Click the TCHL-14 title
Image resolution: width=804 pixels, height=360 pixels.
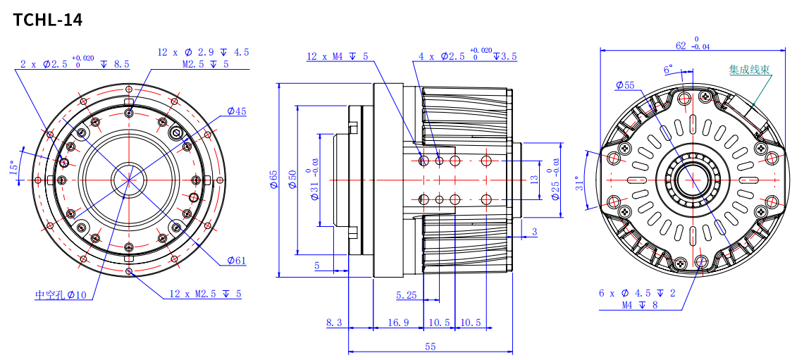[x=48, y=20]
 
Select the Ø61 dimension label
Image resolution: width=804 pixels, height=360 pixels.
[x=236, y=261]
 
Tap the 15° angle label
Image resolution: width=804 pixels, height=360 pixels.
[x=15, y=168]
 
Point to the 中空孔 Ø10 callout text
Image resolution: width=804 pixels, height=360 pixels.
[x=61, y=295]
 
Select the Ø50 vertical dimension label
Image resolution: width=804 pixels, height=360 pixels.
[x=293, y=179]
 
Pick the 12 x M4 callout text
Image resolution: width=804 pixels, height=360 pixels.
[x=338, y=56]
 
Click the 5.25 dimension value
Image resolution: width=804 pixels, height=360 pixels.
[x=407, y=295]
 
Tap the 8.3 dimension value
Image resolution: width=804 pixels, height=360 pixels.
[x=334, y=323]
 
